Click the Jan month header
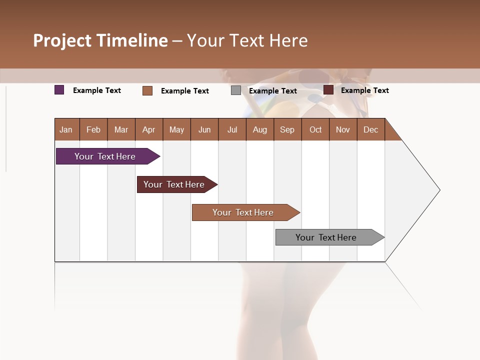(66, 129)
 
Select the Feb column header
(93, 129)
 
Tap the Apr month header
(149, 129)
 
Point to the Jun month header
(204, 129)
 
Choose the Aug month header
(260, 129)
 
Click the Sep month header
(287, 129)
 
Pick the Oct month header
(315, 129)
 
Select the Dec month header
(371, 129)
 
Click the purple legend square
(59, 90)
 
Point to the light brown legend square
(147, 90)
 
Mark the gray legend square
(236, 90)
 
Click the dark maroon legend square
(328, 90)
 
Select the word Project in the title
(62, 40)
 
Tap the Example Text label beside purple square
(97, 90)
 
